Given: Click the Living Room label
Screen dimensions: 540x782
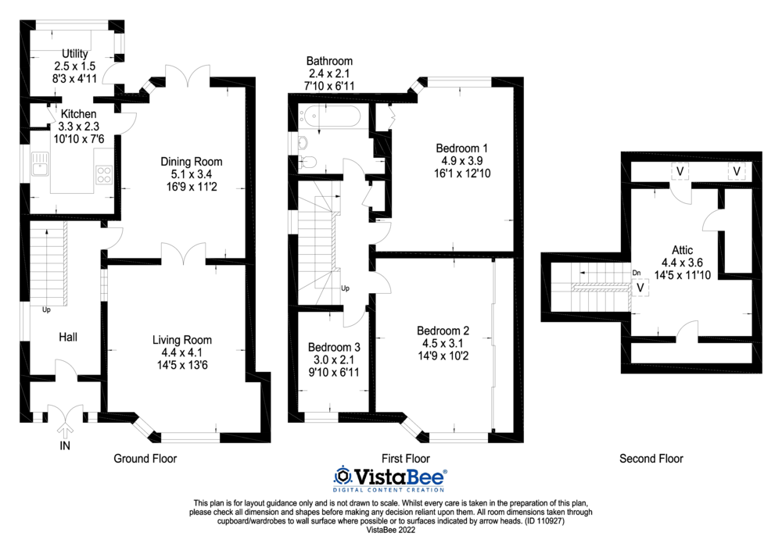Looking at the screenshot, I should tap(181, 340).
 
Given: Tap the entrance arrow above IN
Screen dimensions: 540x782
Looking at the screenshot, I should tap(64, 427).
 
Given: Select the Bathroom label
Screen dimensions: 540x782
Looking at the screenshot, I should tap(329, 61).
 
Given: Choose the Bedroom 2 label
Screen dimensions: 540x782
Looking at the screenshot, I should tap(443, 329).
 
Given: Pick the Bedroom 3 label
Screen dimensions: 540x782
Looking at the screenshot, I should tap(334, 347).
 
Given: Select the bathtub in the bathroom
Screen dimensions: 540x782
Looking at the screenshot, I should tap(332, 119).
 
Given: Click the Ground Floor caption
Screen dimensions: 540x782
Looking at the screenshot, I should tap(145, 459).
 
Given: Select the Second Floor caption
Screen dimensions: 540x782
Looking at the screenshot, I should tap(651, 459).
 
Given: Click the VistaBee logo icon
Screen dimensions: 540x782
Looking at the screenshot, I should tap(343, 476).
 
